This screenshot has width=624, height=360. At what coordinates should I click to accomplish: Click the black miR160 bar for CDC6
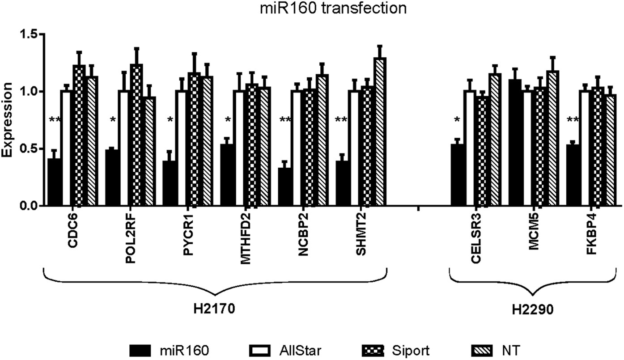click(x=55, y=182)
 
